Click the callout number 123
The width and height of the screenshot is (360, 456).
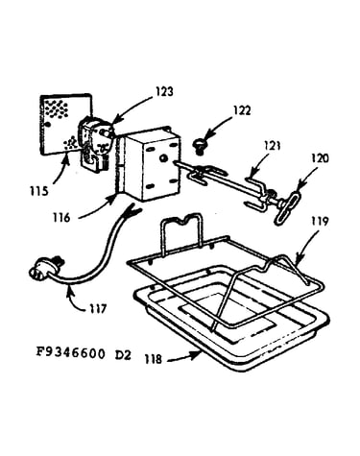pos(164,92)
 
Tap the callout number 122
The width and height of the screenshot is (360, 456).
pos(242,110)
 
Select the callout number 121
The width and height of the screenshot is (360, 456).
pos(273,146)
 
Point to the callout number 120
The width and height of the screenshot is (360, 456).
pos(320,158)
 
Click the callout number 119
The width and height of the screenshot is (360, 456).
pos(320,221)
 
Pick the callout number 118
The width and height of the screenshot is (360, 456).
pos(154,359)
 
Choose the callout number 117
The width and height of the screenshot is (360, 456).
pos(98,309)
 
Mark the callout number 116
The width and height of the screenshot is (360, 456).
pos(61,218)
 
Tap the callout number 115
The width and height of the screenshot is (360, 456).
pos(39,191)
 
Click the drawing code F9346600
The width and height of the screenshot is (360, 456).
pos(70,353)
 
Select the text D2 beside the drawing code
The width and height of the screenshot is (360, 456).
pos(123,355)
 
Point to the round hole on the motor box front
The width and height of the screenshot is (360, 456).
pos(162,158)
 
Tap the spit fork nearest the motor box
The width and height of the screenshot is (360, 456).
pos(204,175)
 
